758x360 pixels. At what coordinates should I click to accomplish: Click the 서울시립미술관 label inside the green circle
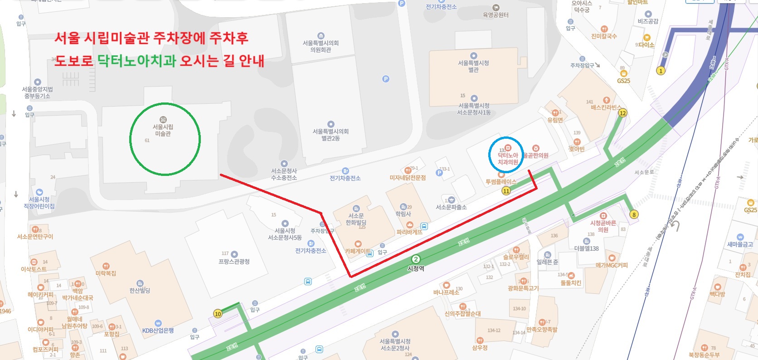click(x=163, y=130)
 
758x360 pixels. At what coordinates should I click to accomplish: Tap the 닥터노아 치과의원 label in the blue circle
click(x=508, y=158)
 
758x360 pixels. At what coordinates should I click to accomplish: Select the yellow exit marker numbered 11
click(x=506, y=191)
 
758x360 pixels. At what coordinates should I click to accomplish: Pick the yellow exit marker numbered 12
click(x=622, y=113)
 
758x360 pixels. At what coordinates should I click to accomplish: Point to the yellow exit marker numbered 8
click(x=634, y=214)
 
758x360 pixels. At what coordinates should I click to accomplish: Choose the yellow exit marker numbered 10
click(x=218, y=314)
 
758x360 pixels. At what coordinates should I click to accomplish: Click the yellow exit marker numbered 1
click(x=661, y=71)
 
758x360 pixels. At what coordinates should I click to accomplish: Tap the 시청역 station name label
click(x=416, y=268)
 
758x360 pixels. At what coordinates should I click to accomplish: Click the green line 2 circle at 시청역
click(x=415, y=259)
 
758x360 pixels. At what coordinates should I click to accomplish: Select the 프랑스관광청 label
click(x=234, y=262)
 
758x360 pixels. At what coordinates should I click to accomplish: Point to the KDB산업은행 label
click(x=158, y=331)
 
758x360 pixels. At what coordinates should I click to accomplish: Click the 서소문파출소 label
click(x=451, y=207)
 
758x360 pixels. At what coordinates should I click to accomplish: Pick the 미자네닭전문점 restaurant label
click(x=408, y=178)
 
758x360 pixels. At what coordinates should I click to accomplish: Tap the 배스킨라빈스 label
click(x=606, y=107)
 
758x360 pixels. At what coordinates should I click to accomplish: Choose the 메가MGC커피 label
click(x=612, y=265)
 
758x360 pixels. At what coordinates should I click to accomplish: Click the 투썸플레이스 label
click(x=501, y=182)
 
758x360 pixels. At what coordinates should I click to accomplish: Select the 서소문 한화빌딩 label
click(x=356, y=219)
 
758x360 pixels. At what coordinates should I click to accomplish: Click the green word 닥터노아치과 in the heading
click(x=136, y=61)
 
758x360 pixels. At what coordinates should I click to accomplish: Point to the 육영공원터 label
click(x=496, y=15)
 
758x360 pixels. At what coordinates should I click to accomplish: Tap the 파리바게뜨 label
click(x=409, y=232)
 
